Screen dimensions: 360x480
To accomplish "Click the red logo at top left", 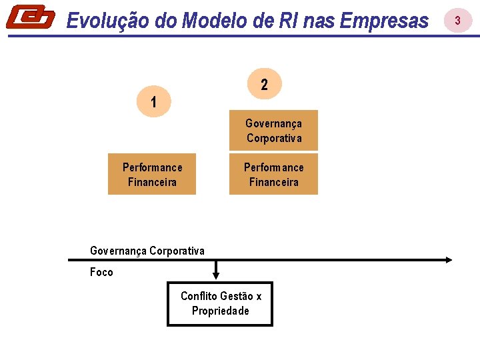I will (30, 17).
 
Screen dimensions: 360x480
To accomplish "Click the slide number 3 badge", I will (457, 21).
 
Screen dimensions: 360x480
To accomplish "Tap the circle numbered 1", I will (153, 103).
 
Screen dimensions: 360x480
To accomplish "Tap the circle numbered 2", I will (265, 85).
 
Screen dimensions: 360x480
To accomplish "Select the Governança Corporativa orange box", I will (273, 131).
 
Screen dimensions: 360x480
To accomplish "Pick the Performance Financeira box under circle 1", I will (152, 175).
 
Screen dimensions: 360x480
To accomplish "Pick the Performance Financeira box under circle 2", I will (273, 175).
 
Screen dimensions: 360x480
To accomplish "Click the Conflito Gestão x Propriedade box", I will (220, 304).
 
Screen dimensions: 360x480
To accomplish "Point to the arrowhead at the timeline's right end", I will (449, 259).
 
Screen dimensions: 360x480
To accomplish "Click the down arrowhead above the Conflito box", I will (215, 274).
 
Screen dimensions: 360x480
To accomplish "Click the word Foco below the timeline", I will (101, 272).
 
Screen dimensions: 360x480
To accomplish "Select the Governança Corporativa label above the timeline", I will (147, 251).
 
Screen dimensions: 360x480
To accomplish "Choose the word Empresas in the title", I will (384, 21).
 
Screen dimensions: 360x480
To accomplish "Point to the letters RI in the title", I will (287, 21).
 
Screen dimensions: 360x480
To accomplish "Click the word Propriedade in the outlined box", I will (221, 311).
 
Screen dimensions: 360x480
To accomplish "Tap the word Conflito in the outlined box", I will (199, 297).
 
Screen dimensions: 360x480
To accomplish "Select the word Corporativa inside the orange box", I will (274, 139).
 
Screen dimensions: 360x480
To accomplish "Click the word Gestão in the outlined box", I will (237, 297).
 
